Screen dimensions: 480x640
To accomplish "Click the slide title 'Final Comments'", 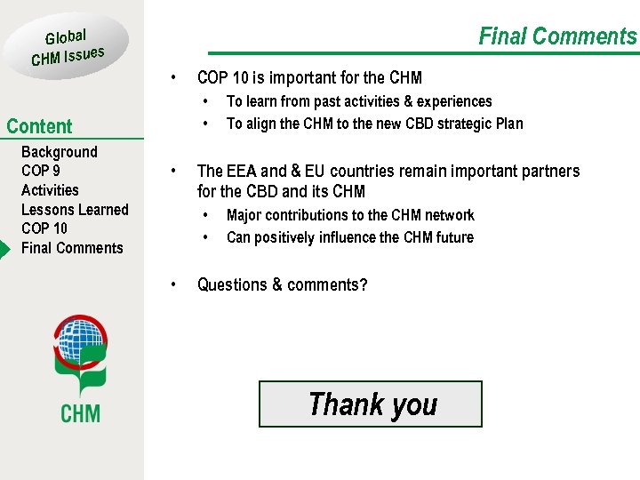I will (x=557, y=36).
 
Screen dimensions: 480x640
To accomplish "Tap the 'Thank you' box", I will (x=371, y=404).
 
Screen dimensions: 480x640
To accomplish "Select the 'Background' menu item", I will (x=60, y=152).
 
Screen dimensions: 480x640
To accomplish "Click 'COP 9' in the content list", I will (x=41, y=171).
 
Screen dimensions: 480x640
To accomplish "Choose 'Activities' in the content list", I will (x=50, y=190).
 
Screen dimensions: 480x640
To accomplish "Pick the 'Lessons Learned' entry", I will (x=75, y=210).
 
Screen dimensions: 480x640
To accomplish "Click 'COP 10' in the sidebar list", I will (x=44, y=228).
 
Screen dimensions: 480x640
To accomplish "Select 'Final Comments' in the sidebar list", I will (x=72, y=248).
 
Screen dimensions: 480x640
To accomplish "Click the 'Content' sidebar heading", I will (x=39, y=126).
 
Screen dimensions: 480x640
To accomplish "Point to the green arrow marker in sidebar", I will (x=4, y=248).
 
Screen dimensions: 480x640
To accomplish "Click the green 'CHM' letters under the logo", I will (x=80, y=412).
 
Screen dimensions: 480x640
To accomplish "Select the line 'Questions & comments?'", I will (x=282, y=284).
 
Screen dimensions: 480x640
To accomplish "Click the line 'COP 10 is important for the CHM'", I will (x=309, y=78).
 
